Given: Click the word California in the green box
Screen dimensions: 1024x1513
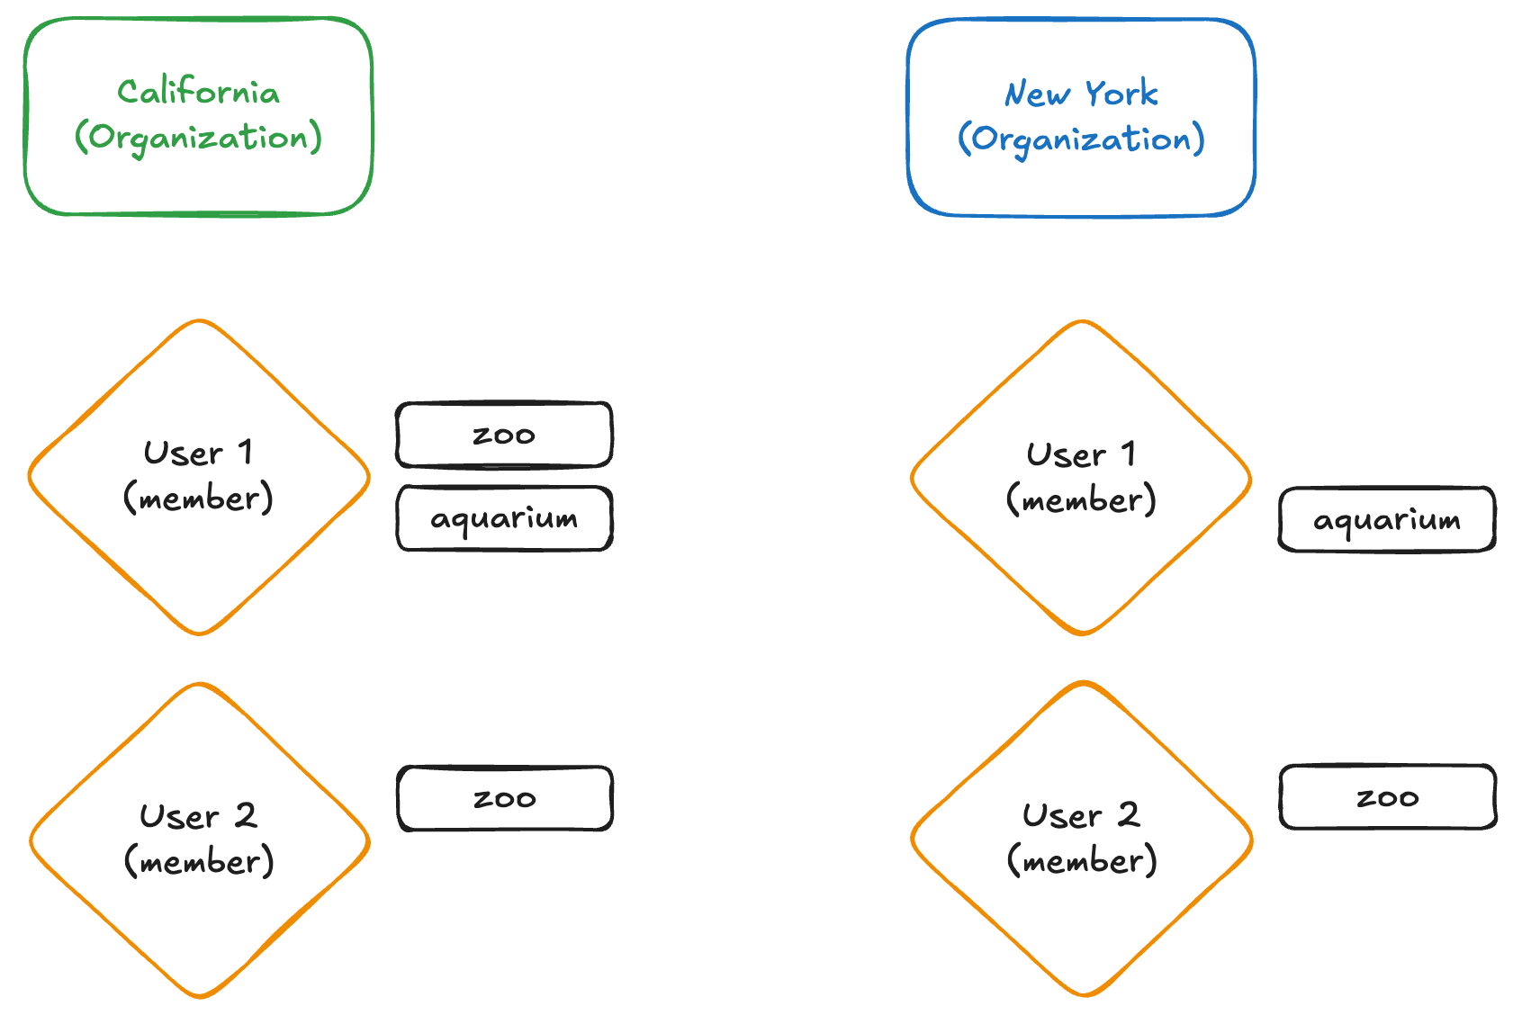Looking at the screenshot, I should [x=198, y=92].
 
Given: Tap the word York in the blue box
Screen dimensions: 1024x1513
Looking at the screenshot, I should [x=1121, y=94].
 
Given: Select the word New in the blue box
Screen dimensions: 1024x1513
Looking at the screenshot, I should [x=1037, y=94].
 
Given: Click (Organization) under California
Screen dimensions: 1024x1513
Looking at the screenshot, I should [x=198, y=138].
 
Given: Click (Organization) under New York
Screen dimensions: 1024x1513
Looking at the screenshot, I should [x=1081, y=139].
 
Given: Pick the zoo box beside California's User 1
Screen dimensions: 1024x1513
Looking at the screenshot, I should [x=504, y=436].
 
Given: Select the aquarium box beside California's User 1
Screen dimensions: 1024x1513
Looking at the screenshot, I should [x=504, y=518].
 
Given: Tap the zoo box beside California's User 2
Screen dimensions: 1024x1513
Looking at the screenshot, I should [x=504, y=798].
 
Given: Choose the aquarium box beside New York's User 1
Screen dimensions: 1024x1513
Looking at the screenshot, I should [x=1387, y=520].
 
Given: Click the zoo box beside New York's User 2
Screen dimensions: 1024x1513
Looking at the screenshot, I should [x=1387, y=797].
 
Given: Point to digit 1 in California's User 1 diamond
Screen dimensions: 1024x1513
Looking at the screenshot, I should [x=245, y=453].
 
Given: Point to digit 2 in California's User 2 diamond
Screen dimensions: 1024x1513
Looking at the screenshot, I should [x=246, y=816].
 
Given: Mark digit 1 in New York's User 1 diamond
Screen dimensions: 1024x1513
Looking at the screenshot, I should [x=1128, y=454].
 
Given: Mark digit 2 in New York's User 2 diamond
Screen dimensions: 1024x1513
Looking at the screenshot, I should [x=1129, y=815].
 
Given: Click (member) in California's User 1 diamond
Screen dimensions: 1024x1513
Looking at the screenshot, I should [x=198, y=499].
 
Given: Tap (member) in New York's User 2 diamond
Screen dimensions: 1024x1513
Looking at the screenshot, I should [x=1082, y=861].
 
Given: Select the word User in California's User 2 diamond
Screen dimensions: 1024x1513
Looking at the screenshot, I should [x=179, y=817].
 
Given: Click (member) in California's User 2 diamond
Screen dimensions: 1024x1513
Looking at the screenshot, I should [x=199, y=862].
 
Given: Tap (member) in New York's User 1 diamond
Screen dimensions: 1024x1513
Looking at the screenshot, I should [x=1081, y=500].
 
